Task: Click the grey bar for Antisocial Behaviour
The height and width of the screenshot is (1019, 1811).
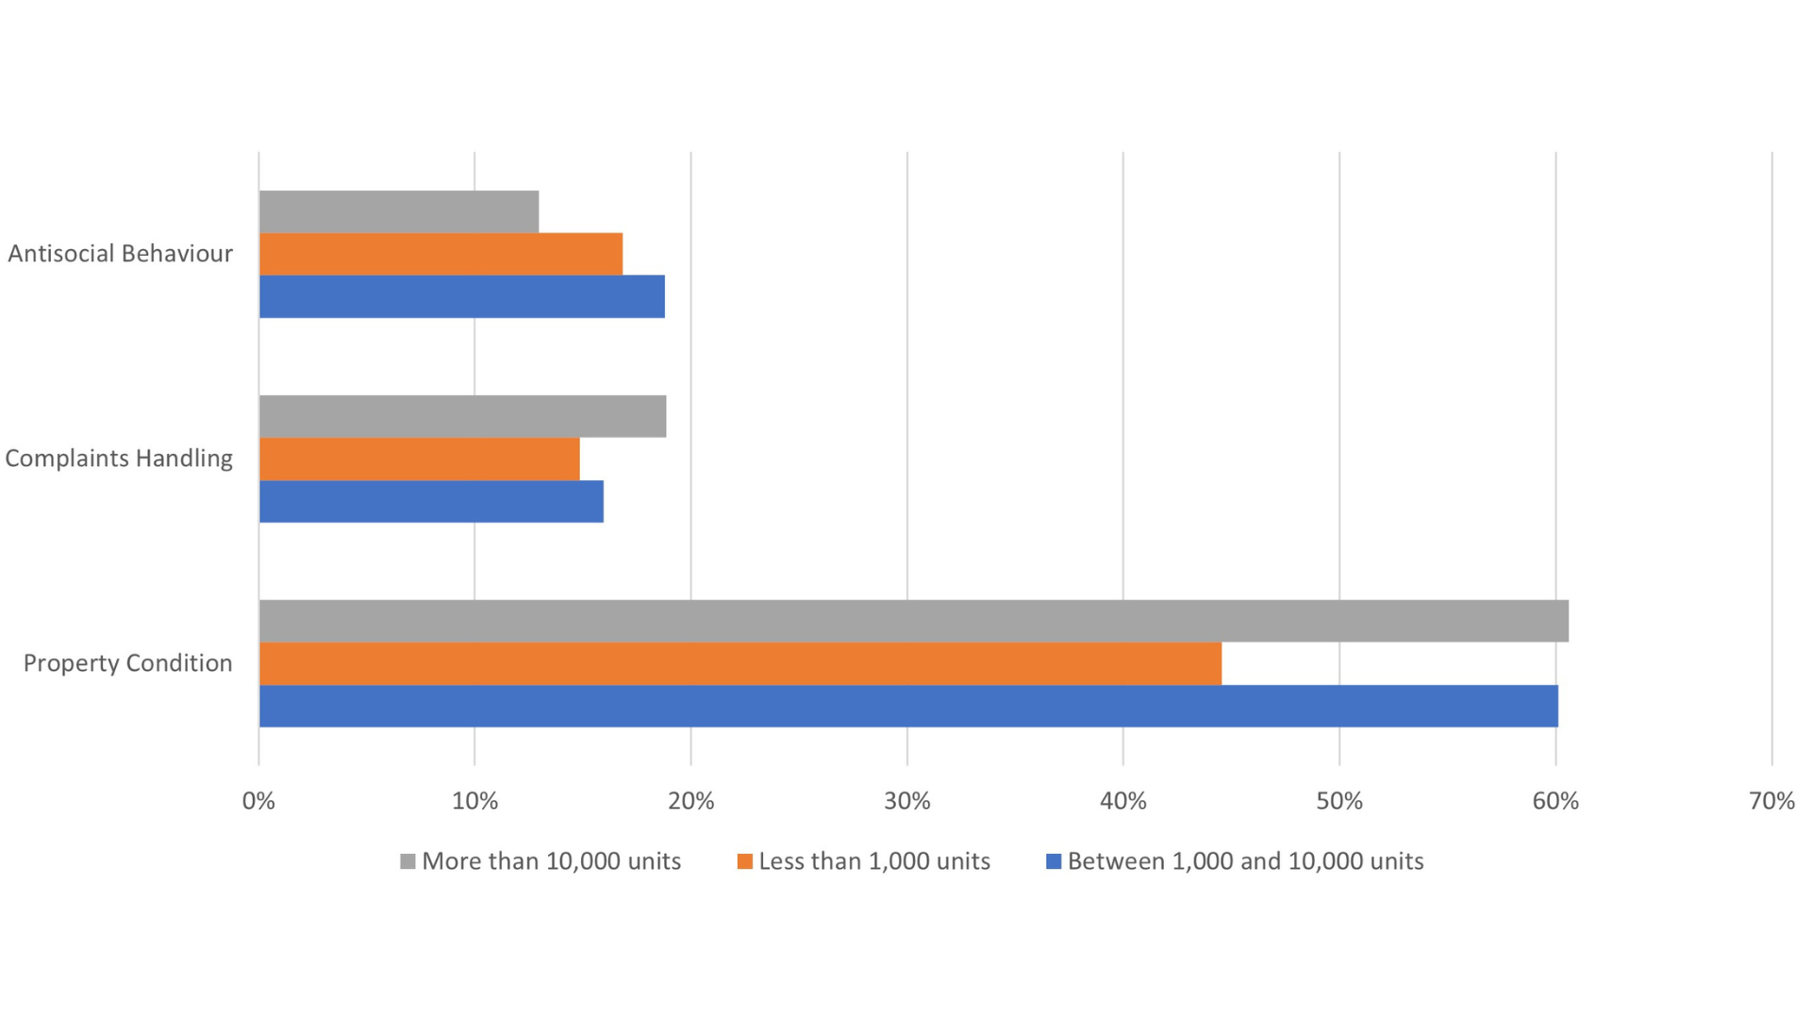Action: [399, 211]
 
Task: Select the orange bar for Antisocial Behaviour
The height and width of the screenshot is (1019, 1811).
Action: [440, 254]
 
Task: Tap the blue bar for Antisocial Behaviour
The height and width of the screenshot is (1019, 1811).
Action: [461, 296]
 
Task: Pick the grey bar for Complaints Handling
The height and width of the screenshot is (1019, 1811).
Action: [462, 416]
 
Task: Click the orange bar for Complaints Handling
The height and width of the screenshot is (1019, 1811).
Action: [419, 459]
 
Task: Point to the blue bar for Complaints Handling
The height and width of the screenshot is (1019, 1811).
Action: [431, 501]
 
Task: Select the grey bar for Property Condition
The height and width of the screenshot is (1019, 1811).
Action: [913, 621]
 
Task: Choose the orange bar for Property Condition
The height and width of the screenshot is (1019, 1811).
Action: [739, 663]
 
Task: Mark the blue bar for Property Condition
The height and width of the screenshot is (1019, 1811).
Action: [907, 706]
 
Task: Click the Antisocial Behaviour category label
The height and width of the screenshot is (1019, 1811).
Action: [120, 254]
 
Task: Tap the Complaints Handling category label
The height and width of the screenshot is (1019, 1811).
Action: [119, 459]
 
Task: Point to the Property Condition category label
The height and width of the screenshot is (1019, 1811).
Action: [127, 663]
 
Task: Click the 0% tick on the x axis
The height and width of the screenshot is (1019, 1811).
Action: [258, 801]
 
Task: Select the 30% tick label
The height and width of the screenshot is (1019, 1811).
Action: [906, 801]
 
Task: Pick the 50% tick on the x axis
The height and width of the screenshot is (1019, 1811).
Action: [1339, 801]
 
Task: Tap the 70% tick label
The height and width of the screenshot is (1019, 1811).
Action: [1771, 801]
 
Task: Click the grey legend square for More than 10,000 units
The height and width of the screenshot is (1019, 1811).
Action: [407, 861]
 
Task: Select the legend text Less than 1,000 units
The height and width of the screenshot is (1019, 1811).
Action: [873, 861]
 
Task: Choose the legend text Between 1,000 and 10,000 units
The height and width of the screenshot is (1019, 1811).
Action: [1245, 861]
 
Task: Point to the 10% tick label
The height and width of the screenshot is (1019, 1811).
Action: [474, 801]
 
